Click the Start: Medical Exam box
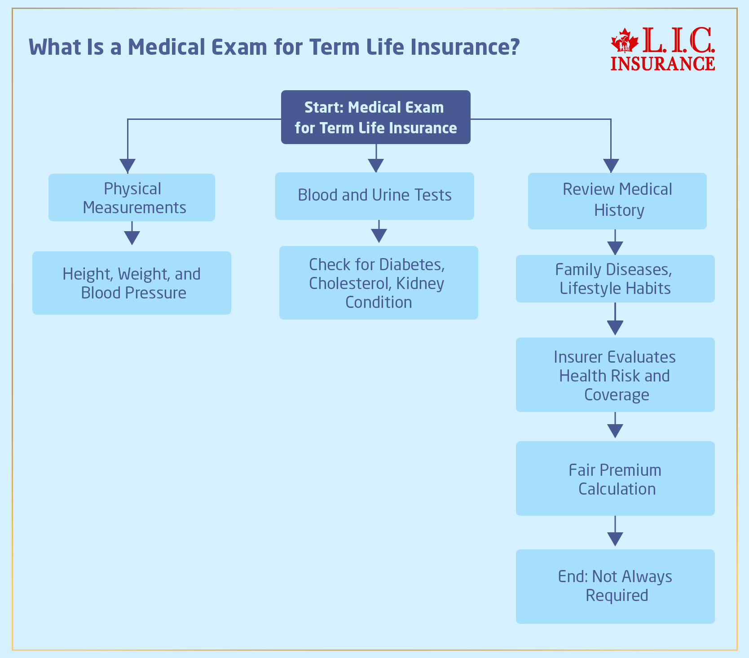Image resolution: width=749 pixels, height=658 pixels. (x=375, y=117)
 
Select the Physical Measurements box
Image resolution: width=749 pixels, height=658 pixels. (x=132, y=197)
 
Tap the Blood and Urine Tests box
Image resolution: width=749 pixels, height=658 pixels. (x=374, y=196)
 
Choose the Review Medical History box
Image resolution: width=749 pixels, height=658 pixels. (x=617, y=201)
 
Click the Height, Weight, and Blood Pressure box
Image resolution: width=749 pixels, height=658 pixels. (x=132, y=283)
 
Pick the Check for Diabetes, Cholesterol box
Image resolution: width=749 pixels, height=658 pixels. (x=378, y=283)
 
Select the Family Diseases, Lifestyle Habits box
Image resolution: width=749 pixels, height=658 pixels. (x=615, y=279)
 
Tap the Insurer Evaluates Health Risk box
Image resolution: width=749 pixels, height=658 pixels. (x=615, y=375)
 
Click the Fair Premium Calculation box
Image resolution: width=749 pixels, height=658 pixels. (x=615, y=478)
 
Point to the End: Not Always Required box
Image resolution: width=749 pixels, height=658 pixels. (x=615, y=586)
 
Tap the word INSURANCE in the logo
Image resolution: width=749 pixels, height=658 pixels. (x=663, y=64)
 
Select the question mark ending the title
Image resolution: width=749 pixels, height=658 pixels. (x=515, y=47)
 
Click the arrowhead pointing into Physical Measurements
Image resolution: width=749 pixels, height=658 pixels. (x=128, y=166)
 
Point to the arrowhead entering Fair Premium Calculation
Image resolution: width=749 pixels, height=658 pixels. (x=615, y=431)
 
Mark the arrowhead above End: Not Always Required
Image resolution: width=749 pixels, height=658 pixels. (x=615, y=539)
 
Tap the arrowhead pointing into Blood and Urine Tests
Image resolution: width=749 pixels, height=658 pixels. (x=376, y=165)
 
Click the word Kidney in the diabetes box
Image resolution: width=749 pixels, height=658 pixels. (x=420, y=284)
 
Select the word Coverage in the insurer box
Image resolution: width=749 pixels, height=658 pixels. (x=617, y=395)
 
